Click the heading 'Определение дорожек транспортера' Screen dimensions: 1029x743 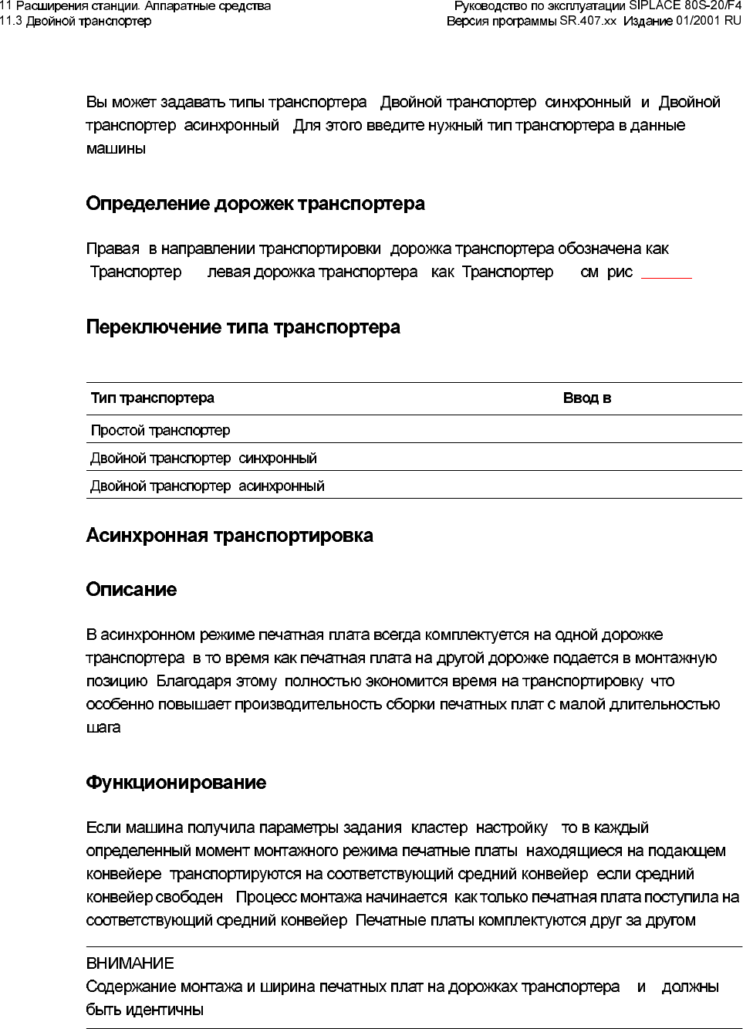[255, 204]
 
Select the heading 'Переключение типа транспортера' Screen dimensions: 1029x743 [243, 327]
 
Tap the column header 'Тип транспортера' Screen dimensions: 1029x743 [153, 398]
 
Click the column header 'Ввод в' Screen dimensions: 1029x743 [587, 398]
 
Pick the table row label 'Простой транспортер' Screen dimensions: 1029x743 [160, 430]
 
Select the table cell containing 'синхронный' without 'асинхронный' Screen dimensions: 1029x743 [204, 458]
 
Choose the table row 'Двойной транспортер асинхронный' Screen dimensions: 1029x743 [208, 486]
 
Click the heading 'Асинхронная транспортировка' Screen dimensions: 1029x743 [230, 536]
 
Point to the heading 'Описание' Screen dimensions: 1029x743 [131, 590]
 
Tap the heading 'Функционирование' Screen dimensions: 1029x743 [176, 783]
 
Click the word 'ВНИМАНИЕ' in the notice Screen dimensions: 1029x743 [130, 963]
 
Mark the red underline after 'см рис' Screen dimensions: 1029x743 [667, 276]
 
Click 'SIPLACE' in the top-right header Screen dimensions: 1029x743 [655, 6]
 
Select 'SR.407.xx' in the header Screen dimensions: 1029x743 [588, 21]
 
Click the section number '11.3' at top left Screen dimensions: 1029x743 [11, 21]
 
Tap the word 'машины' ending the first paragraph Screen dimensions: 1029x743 [116, 148]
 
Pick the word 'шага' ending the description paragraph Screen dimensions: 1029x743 [103, 727]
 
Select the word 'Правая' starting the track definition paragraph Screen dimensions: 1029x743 [113, 249]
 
